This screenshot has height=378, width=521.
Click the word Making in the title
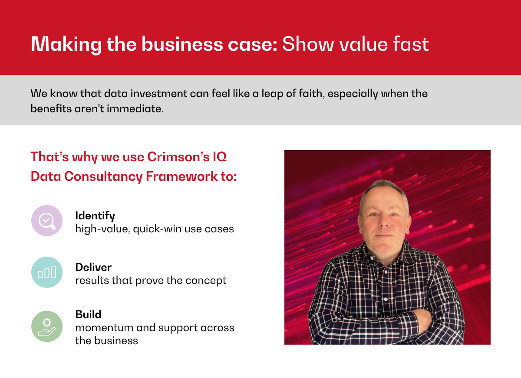66,45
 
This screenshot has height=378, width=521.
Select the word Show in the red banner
308,44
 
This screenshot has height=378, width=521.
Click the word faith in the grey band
311,93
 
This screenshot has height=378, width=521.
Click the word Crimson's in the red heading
178,157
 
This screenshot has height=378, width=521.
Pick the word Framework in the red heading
181,176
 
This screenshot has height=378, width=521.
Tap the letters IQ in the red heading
220,157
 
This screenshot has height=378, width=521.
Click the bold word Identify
95,216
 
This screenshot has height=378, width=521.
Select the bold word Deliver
93,267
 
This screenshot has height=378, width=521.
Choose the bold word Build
89,315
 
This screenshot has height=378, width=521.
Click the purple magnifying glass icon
47,221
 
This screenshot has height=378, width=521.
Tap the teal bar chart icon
47,272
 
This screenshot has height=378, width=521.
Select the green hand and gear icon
47,326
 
